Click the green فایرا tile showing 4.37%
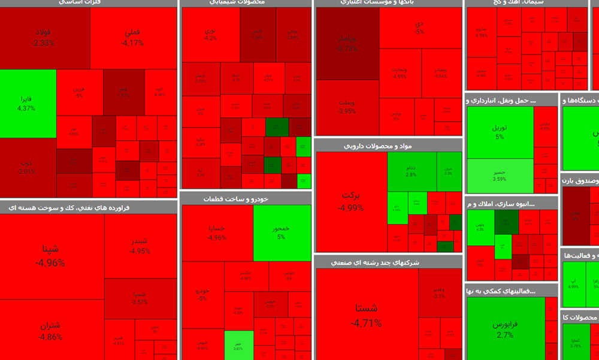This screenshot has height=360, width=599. tap(28, 103)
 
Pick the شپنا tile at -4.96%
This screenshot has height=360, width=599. tap(50, 255)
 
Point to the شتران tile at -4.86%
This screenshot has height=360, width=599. tap(50, 331)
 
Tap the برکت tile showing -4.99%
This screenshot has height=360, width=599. tap(350, 201)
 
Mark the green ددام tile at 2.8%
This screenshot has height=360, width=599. tap(411, 170)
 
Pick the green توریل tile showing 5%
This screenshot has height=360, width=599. tap(499, 132)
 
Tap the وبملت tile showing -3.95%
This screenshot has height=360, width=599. tap(347, 107)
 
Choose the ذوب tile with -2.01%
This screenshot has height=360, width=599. tap(28, 167)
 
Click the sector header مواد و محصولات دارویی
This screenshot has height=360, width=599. tap(387, 146)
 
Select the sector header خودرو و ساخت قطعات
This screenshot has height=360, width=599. tap(246, 198)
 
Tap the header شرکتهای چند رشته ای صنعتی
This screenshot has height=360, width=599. tap(387, 262)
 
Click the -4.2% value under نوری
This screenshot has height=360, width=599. tap(210, 38)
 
